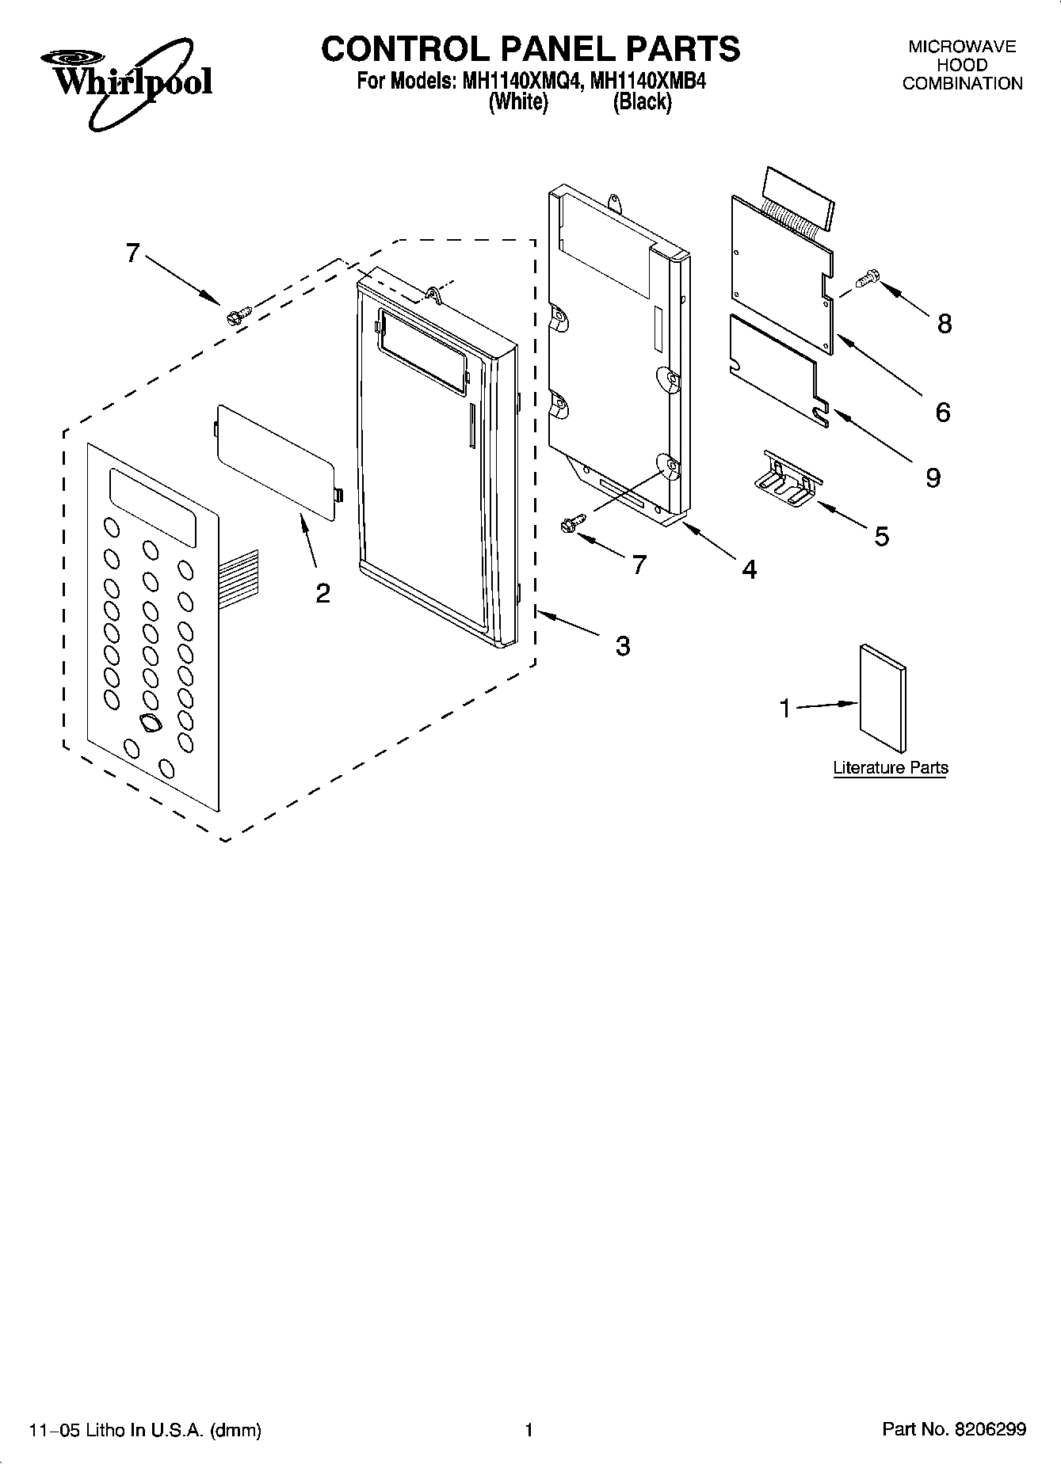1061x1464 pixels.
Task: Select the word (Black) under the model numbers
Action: click(642, 102)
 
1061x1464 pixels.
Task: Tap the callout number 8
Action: click(944, 323)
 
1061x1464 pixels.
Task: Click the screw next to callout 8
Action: click(868, 279)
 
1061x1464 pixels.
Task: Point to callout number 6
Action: click(942, 412)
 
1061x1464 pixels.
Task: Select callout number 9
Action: click(933, 477)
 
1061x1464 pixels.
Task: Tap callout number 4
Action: click(749, 568)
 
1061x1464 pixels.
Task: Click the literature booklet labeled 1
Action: click(882, 697)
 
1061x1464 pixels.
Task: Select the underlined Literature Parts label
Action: click(890, 767)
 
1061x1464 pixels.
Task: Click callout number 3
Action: click(623, 646)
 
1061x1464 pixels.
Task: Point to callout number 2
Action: click(322, 593)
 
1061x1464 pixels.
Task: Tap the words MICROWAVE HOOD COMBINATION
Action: click(962, 65)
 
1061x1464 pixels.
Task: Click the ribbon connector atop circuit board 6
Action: click(797, 198)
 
